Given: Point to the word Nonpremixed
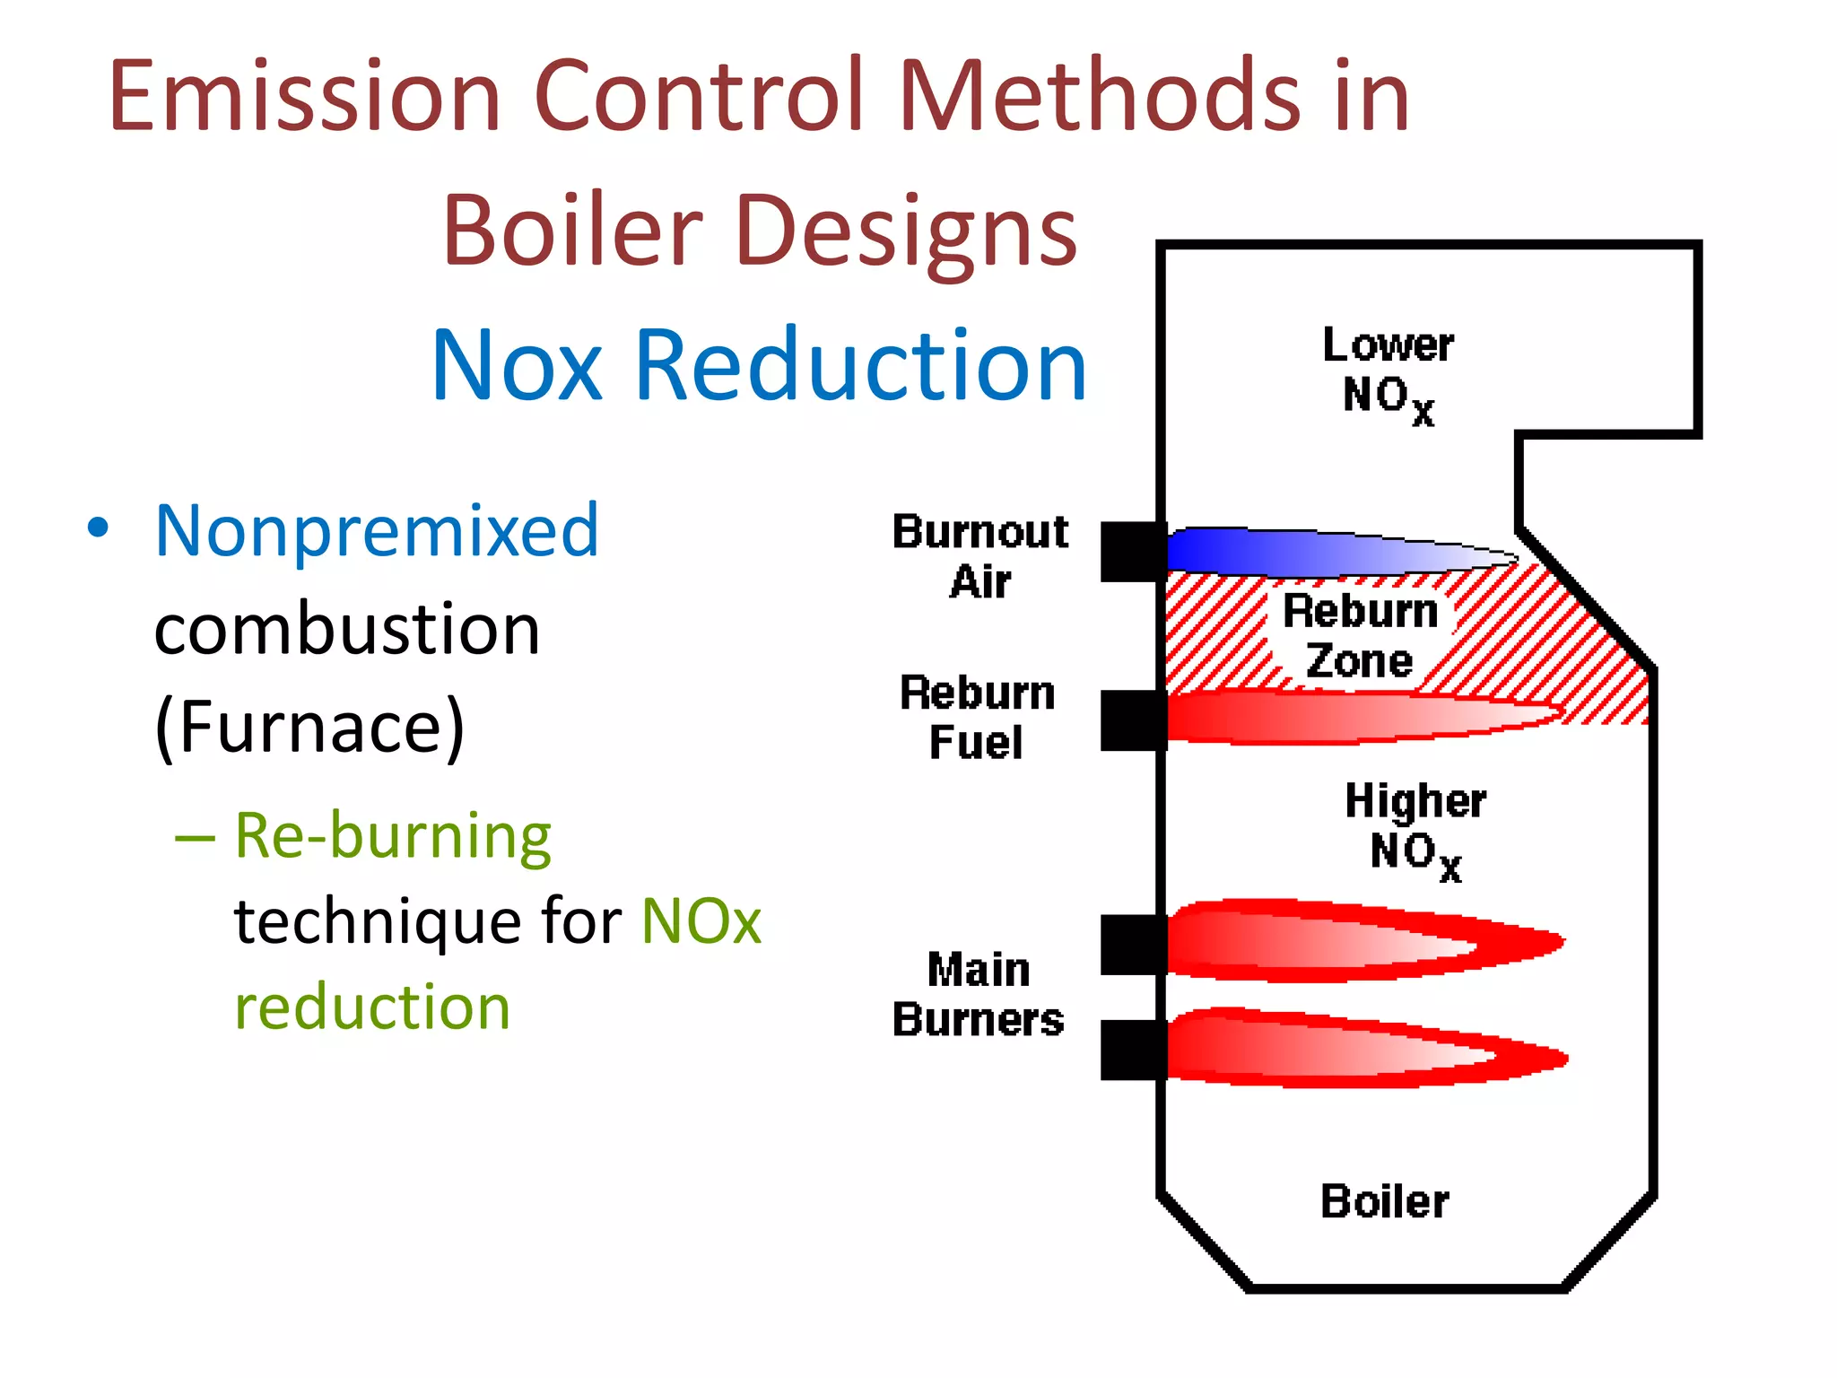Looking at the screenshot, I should click(377, 531).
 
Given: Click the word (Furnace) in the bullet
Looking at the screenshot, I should click(309, 727).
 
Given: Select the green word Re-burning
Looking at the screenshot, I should click(393, 836).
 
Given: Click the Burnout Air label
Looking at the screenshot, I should click(980, 556).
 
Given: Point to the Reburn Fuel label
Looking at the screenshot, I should click(977, 718).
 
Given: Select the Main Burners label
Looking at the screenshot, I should click(978, 995).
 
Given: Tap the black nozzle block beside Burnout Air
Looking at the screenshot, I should click(1133, 552).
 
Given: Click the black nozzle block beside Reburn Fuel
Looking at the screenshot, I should click(1133, 720).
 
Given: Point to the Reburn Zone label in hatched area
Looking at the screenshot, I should click(1360, 636).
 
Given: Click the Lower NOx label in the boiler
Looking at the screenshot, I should click(1388, 372).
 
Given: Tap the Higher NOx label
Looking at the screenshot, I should click(1415, 829).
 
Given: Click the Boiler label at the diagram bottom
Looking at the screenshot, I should click(1384, 1201).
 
